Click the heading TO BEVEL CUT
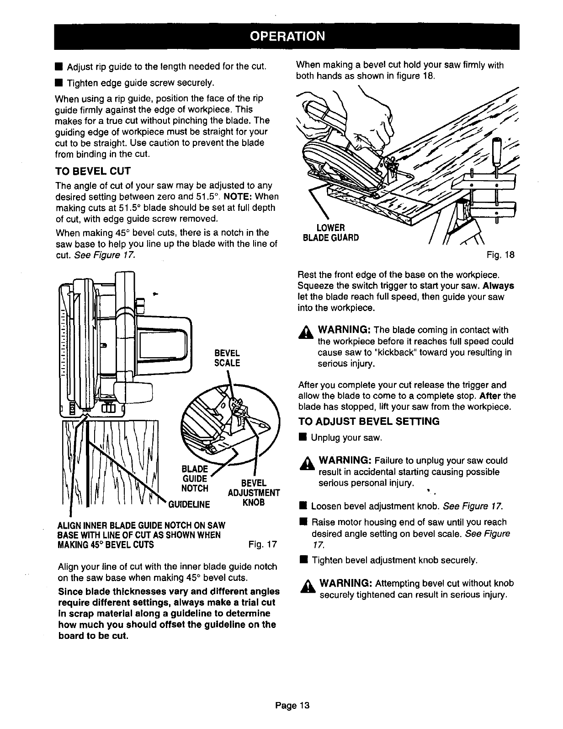click(93, 172)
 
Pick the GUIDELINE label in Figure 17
click(190, 504)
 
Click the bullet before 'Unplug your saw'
click(302, 438)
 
